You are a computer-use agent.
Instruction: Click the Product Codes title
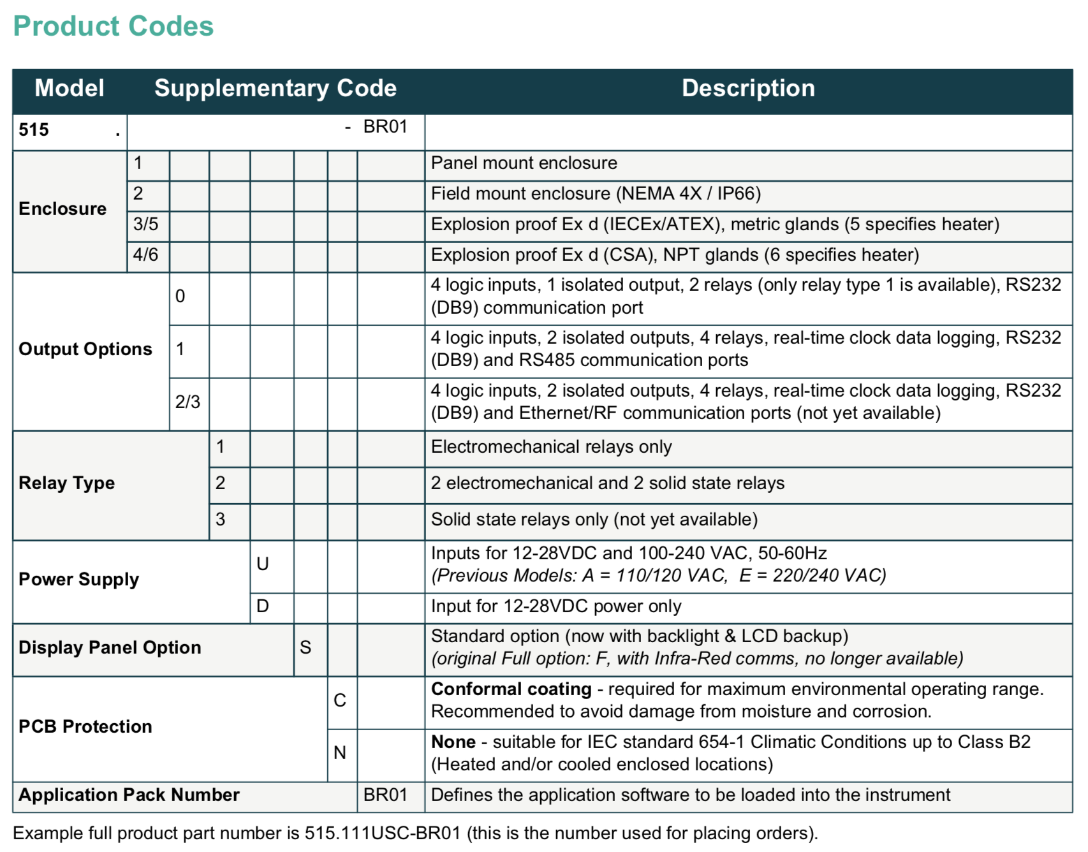point(114,27)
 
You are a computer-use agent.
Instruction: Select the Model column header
point(70,88)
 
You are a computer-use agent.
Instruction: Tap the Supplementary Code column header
point(276,88)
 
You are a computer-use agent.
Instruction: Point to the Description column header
point(748,88)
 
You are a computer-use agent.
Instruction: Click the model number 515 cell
point(34,130)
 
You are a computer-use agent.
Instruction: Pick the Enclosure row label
point(62,209)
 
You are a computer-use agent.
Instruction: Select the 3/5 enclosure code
point(146,224)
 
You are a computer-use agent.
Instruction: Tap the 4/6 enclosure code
point(146,255)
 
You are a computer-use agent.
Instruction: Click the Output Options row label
point(85,349)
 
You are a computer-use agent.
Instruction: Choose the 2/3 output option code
point(187,402)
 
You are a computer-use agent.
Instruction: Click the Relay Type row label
point(67,483)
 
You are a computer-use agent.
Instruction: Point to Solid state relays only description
point(594,520)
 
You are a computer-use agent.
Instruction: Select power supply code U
point(263,564)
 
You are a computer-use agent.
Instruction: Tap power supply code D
point(263,606)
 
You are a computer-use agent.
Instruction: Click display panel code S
point(305,648)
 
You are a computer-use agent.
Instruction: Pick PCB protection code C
point(340,701)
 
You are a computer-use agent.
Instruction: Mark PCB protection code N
point(340,753)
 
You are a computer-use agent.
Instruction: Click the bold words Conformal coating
point(511,689)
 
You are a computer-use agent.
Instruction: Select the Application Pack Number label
point(129,795)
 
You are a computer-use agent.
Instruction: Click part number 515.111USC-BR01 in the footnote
point(383,834)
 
